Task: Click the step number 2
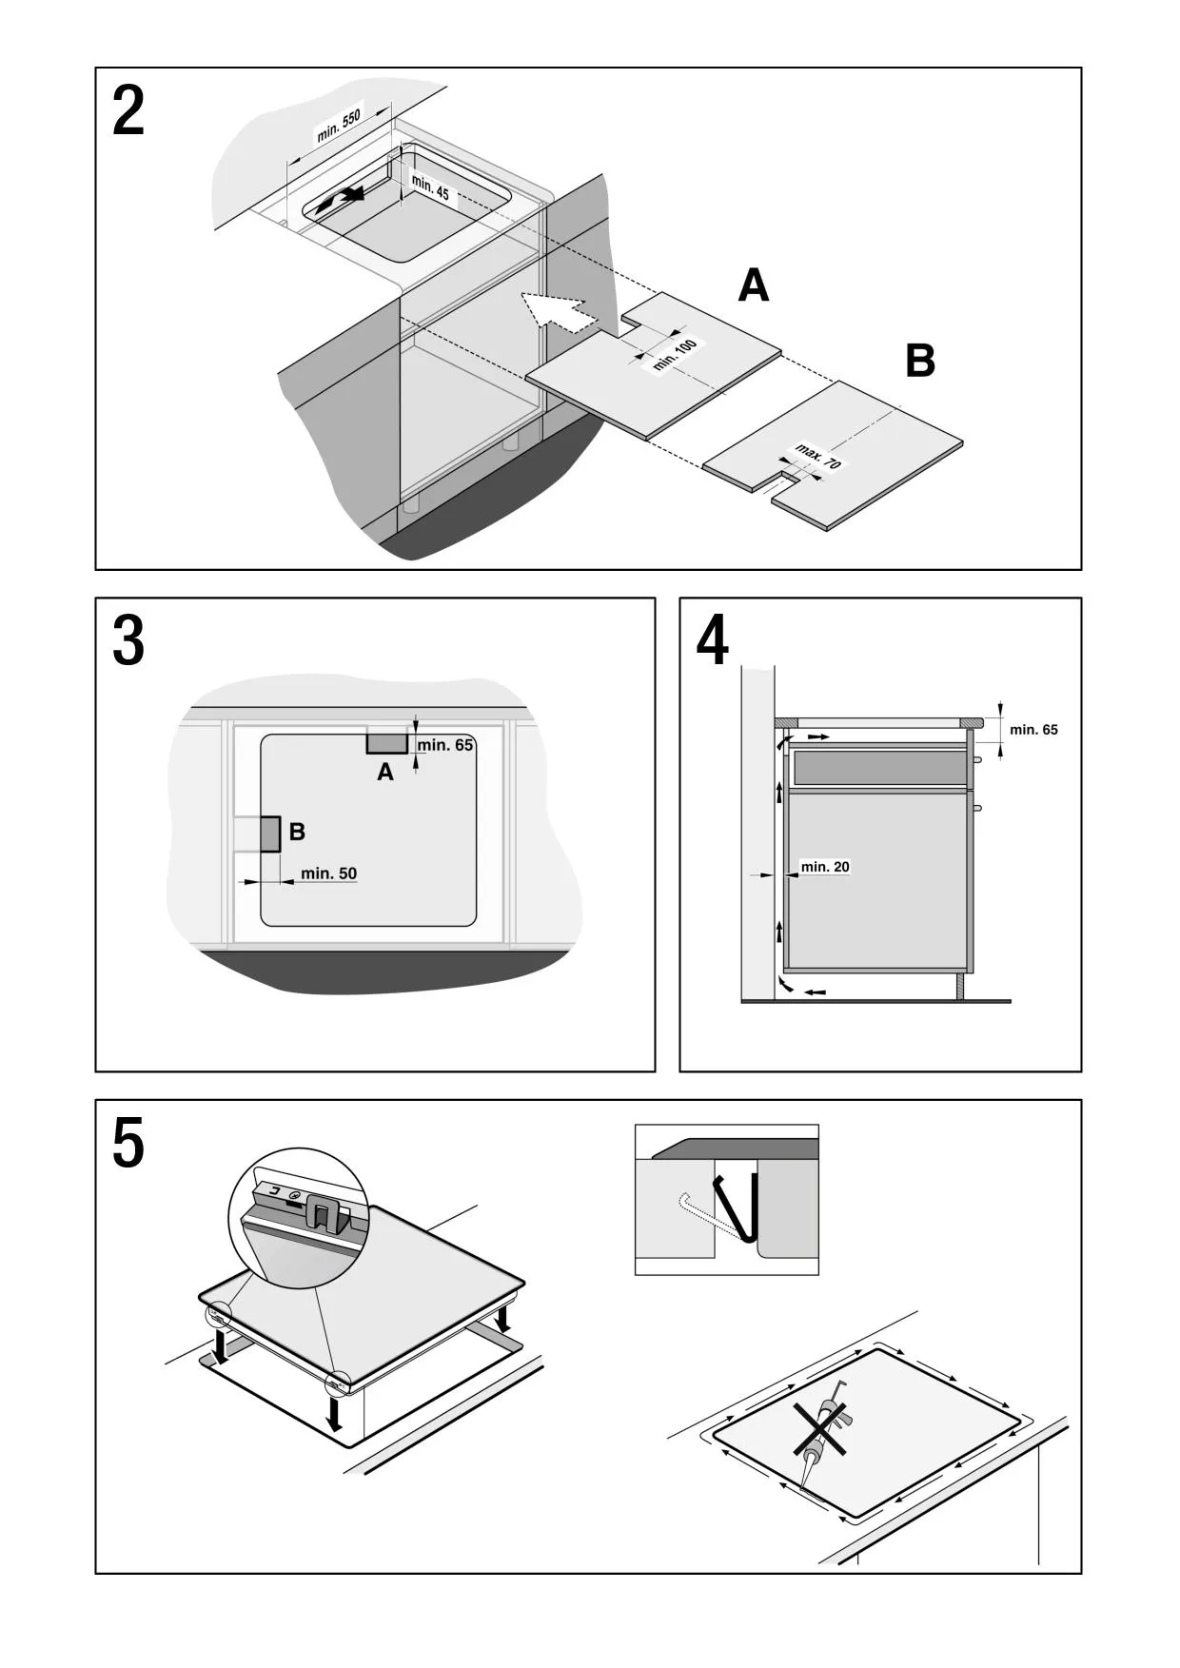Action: pos(128,112)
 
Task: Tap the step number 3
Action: pos(128,642)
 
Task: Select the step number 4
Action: pos(713,642)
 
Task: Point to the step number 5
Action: pos(128,1145)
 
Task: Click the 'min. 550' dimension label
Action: pos(339,127)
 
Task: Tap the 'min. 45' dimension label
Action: pos(430,187)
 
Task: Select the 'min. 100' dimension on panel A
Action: pos(676,355)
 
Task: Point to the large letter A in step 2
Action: pos(754,285)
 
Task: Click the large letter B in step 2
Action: pos(920,362)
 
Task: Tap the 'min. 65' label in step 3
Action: pos(444,745)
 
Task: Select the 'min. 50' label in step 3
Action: pos(328,873)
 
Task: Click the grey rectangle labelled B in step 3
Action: pos(270,834)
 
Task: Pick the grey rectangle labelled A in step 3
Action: pos(387,742)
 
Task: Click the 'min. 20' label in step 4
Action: pos(825,867)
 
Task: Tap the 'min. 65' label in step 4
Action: pos(1033,730)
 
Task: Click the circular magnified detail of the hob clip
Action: pos(299,1219)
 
